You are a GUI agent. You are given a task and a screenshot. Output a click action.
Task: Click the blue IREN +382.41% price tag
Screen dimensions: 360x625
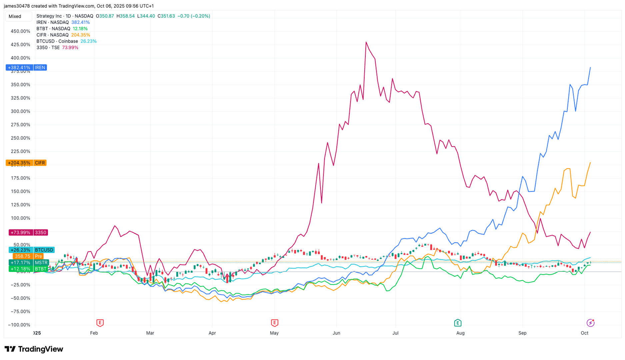coord(26,68)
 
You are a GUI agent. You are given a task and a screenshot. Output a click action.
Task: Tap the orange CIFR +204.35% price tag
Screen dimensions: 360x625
coord(26,163)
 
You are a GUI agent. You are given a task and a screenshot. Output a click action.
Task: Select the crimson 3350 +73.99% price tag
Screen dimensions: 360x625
coord(28,233)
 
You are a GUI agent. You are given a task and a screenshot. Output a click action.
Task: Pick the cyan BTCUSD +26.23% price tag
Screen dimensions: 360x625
coord(31,250)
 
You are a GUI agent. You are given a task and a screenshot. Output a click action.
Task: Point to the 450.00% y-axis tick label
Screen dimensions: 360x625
coord(20,31)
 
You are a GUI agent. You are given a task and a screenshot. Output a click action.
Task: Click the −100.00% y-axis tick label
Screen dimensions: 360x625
coord(19,325)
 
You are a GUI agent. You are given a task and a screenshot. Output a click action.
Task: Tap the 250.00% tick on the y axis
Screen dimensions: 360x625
coord(20,138)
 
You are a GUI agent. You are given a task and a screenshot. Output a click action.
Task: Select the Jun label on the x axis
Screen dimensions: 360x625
coord(336,333)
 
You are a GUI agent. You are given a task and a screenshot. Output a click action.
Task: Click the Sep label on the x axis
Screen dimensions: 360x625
coord(522,333)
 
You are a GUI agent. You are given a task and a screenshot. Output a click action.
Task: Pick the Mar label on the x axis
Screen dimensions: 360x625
coord(150,333)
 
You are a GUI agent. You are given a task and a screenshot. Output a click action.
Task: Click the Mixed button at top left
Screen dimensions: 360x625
coord(15,16)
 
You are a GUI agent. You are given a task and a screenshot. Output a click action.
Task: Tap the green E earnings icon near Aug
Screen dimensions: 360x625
coord(458,323)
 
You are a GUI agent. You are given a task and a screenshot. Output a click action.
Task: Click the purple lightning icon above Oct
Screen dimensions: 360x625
coord(590,323)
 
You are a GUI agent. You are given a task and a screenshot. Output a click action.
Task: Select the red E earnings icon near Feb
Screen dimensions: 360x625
coord(100,323)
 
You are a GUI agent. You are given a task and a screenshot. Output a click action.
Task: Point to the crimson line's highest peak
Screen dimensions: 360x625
coord(366,42)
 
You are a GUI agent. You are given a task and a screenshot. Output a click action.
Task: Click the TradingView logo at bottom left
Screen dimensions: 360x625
coord(34,349)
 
